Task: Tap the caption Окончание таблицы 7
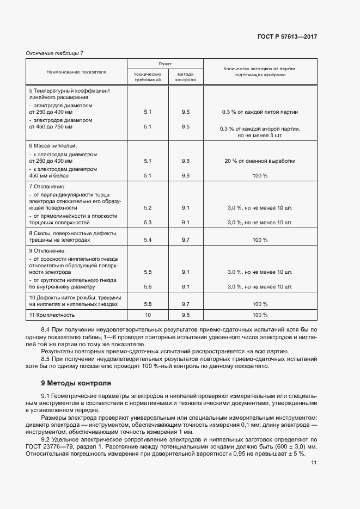(55, 53)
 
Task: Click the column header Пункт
(165, 64)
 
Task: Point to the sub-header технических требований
(148, 77)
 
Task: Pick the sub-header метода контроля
(185, 77)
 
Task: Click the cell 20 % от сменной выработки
(260, 161)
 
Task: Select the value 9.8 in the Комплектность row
(185, 315)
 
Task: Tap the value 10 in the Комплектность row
(148, 315)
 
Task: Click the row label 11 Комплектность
(52, 315)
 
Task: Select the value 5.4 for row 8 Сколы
(148, 240)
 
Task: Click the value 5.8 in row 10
(148, 304)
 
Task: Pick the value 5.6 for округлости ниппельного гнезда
(148, 286)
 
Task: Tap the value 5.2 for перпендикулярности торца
(148, 208)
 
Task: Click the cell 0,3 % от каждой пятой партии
(260, 112)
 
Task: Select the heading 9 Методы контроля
(76, 383)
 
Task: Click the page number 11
(314, 463)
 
